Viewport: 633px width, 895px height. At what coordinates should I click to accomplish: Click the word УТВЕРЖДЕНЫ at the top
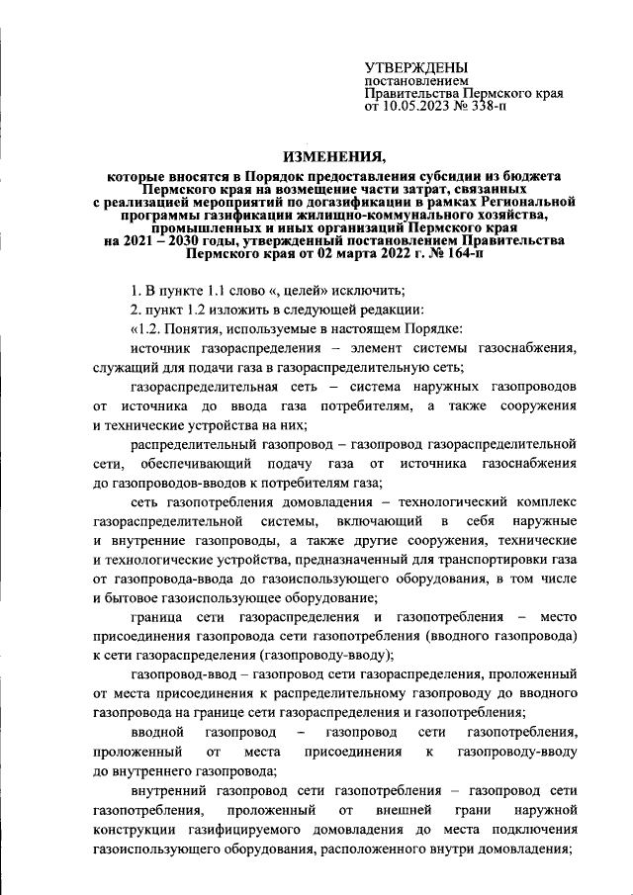click(417, 66)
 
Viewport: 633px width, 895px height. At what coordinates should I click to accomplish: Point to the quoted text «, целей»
click(278, 290)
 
